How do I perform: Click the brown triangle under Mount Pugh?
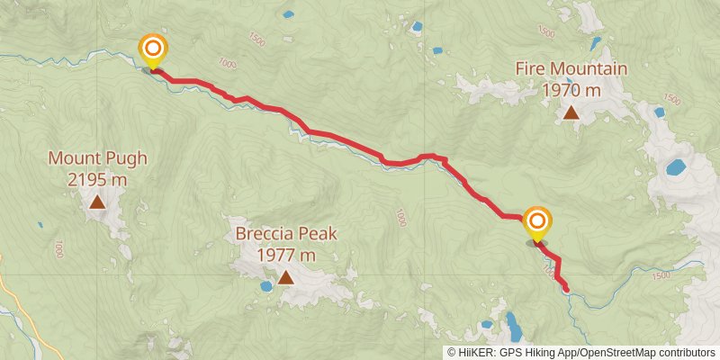[x=97, y=202]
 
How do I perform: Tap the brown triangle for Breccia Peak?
[x=286, y=277]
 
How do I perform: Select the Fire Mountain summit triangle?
[x=571, y=112]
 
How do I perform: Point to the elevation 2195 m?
[x=97, y=179]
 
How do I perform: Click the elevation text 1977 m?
[x=286, y=255]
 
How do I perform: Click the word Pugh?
[x=126, y=159]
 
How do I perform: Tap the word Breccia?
[x=266, y=235]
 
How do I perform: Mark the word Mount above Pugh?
[x=75, y=159]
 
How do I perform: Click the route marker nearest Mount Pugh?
[x=153, y=49]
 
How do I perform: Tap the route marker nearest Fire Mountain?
[x=537, y=221]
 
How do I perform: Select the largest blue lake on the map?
[x=675, y=166]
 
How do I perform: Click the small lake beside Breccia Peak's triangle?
[x=266, y=286]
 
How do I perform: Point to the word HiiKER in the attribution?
[x=473, y=353]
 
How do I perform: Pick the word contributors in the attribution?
[x=687, y=353]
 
